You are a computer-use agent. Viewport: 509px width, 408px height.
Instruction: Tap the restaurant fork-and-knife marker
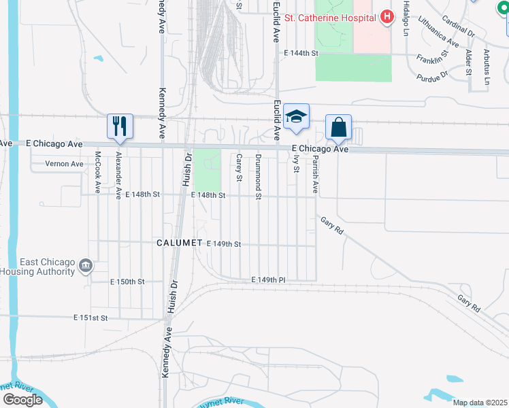[x=120, y=126]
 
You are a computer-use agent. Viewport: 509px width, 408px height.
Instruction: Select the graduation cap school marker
[x=296, y=116]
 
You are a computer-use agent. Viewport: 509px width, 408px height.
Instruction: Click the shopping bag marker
[x=338, y=126]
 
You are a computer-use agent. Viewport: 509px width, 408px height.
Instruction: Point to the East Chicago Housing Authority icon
[x=86, y=265]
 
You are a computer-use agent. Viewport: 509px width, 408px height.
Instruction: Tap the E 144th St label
[x=301, y=52]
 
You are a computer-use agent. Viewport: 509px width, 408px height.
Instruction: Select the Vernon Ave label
[x=64, y=164]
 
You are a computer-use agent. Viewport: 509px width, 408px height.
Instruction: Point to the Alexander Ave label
[x=119, y=175]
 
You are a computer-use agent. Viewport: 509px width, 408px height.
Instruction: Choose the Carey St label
[x=240, y=168]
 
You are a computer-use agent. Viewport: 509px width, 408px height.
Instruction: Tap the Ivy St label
[x=296, y=164]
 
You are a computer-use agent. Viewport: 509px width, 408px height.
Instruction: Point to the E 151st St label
[x=91, y=318]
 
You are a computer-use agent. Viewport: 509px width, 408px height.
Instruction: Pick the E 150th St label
[x=128, y=282]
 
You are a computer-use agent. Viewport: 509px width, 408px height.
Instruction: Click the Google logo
[x=22, y=400]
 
